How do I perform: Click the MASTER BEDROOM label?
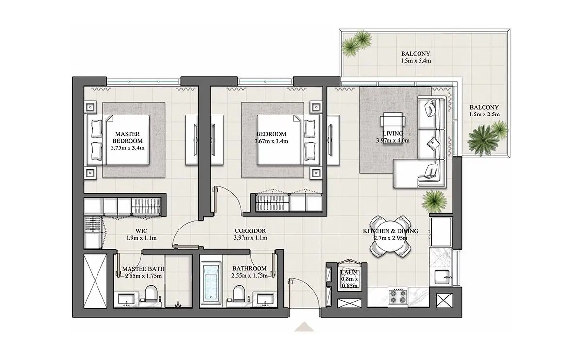(127, 137)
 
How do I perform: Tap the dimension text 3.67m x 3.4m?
(271, 141)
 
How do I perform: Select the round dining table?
(390, 236)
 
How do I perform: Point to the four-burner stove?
(398, 296)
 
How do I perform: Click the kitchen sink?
(443, 278)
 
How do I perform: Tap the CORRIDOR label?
(250, 231)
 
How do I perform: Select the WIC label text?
(141, 231)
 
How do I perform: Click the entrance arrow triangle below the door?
(304, 327)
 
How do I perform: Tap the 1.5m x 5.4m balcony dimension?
(416, 61)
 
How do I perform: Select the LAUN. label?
(350, 273)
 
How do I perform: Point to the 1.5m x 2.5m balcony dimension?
(485, 115)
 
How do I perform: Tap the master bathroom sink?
(127, 299)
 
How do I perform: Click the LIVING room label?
(393, 133)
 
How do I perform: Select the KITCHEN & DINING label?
(390, 231)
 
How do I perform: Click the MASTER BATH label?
(143, 269)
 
